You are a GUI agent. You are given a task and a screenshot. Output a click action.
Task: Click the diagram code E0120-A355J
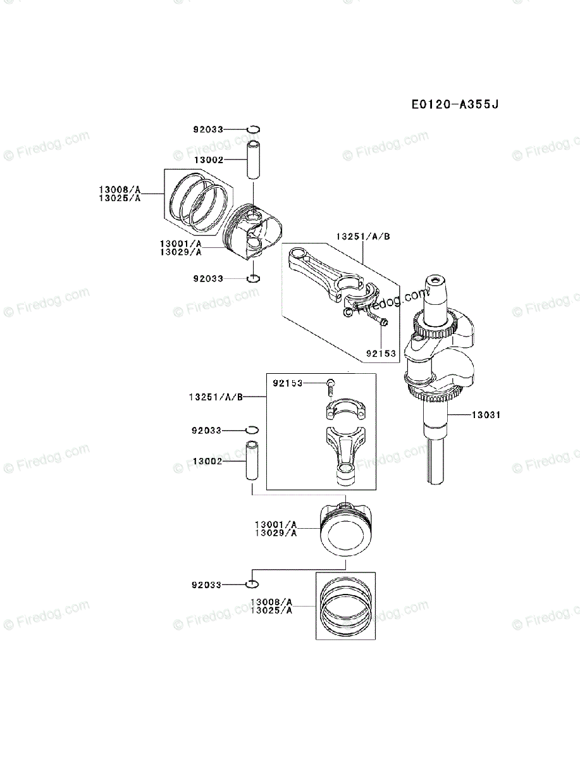455,103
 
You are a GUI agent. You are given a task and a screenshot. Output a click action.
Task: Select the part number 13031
486,415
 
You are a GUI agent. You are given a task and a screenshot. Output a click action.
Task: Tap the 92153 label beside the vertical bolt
288,383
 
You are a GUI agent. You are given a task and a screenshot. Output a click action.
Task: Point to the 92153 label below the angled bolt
381,354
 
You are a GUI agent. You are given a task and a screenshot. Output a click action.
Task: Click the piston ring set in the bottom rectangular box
345,606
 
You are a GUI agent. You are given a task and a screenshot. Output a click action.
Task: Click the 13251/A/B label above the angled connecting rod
363,236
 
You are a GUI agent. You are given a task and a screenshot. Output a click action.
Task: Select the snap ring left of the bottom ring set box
252,584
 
